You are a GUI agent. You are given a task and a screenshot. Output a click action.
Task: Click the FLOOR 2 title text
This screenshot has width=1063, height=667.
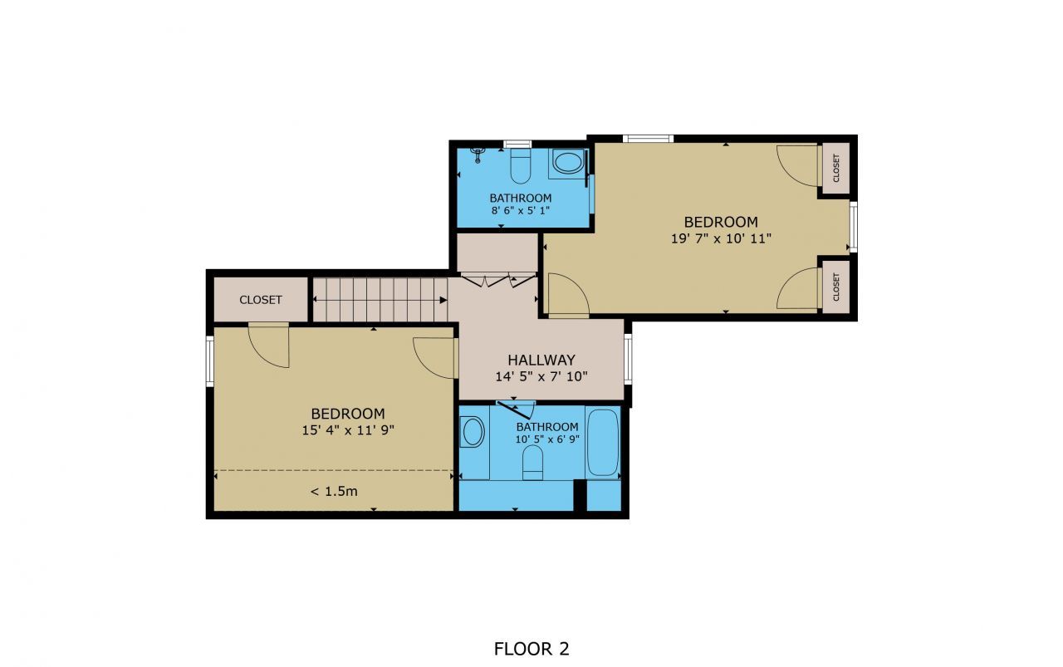pos(531,649)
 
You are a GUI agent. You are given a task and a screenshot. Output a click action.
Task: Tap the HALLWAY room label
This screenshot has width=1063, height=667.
pos(541,360)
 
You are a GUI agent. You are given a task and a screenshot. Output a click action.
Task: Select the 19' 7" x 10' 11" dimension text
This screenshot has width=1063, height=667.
pos(721,238)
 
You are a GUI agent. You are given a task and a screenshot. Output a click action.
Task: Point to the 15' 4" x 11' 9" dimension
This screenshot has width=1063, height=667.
pos(348,430)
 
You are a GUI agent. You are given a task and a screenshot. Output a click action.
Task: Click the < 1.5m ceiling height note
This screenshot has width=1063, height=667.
pos(334,491)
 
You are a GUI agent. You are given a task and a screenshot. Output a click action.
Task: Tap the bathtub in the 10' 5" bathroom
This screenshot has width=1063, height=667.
pos(603,442)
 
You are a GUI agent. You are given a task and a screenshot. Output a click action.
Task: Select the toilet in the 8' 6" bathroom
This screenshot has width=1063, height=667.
pos(521,164)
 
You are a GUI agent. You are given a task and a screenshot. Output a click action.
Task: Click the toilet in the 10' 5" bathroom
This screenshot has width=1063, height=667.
pos(533,462)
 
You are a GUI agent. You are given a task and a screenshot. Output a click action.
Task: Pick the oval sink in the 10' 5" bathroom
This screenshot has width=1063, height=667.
pos(473,432)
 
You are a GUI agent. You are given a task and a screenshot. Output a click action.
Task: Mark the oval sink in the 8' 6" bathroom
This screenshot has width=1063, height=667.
pos(569,162)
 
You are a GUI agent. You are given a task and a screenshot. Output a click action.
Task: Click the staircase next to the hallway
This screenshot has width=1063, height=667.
pos(380,299)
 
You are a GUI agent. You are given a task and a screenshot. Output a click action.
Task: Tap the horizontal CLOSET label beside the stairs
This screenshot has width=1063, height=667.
pos(261,300)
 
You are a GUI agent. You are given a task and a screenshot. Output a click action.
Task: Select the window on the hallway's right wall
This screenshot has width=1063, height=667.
pos(629,359)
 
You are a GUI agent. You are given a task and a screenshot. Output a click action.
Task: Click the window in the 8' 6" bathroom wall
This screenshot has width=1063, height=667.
pos(518,144)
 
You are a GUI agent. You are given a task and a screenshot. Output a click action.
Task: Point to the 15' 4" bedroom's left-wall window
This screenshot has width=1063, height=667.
pos(210,360)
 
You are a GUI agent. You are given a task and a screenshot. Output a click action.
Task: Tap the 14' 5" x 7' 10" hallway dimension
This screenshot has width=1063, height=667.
pos(541,376)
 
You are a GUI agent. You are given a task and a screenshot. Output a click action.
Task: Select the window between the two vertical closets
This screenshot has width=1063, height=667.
pos(853,226)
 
